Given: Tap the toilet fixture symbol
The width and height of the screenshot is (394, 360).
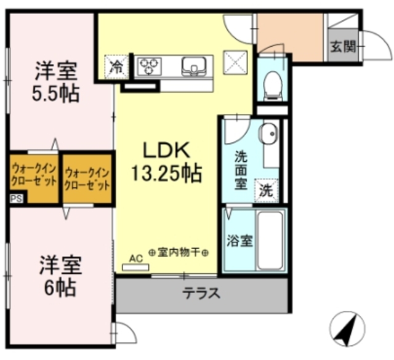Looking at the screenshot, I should tap(271, 84).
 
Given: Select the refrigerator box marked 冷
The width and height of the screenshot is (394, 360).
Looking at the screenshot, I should tap(116, 66).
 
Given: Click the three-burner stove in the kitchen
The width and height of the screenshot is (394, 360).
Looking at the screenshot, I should tap(148, 66).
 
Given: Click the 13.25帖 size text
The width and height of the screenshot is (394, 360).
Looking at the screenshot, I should tap(165, 174).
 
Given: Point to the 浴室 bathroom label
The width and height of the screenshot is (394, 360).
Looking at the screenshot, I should tap(239, 241).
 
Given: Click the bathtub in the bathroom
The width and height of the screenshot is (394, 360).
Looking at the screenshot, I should tap(270, 240).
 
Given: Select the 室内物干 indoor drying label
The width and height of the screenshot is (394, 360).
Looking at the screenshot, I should tap(179, 253).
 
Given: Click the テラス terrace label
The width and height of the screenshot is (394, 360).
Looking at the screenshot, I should tap(201, 294).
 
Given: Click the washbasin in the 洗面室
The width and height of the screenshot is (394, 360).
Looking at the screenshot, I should tap(268, 134).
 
